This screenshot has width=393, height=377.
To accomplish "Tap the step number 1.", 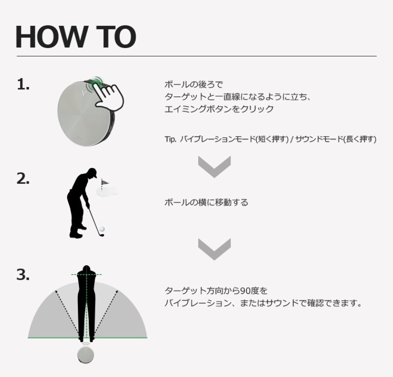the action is pyautogui.click(x=23, y=84).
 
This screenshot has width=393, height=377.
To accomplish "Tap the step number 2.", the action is pyautogui.click(x=23, y=179).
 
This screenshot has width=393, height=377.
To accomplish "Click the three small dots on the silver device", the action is pyautogui.click(x=78, y=138).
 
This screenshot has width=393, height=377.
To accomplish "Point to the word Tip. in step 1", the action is pyautogui.click(x=170, y=139).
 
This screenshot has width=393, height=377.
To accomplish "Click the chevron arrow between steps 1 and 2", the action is pyautogui.click(x=214, y=166).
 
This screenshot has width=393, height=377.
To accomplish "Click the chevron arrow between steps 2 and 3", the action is pyautogui.click(x=214, y=249).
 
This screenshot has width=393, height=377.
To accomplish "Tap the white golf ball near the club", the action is pyautogui.click(x=102, y=229).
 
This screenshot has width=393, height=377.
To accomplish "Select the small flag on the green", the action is pyautogui.click(x=105, y=182).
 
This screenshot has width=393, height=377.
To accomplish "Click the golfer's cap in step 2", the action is pyautogui.click(x=93, y=172).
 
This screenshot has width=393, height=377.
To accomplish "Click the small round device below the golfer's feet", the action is pyautogui.click(x=86, y=354).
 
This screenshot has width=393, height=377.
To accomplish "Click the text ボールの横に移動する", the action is pyautogui.click(x=206, y=202).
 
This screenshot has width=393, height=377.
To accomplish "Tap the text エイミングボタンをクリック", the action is pyautogui.click(x=219, y=109).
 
